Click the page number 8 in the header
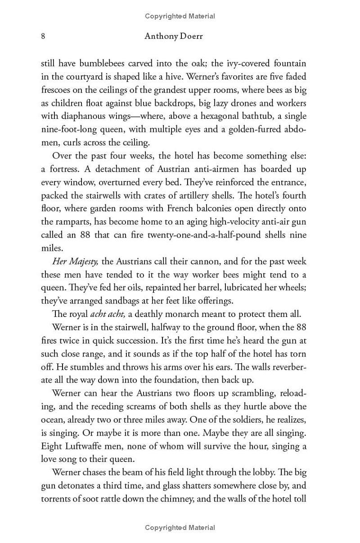43,36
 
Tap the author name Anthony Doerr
174,36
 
